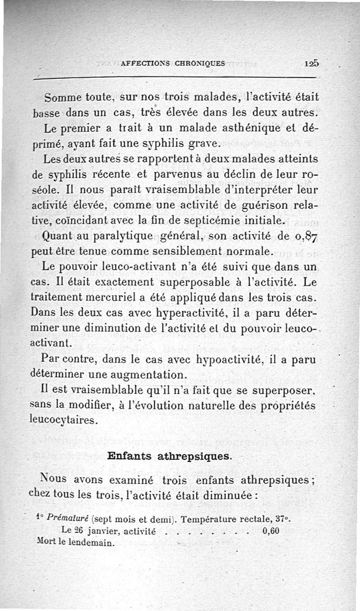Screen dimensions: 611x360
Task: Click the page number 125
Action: [x=311, y=63]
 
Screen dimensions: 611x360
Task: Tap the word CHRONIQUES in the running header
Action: [x=200, y=63]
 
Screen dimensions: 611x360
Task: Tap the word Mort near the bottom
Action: [x=45, y=541]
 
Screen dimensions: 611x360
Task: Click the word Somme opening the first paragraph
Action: [x=63, y=97]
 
